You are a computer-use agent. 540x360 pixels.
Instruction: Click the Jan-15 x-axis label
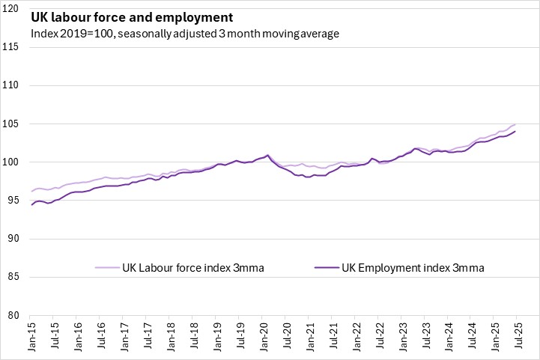[32, 338]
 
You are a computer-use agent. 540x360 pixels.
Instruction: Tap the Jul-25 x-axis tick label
[517, 338]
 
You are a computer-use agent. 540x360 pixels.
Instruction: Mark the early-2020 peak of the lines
[267, 155]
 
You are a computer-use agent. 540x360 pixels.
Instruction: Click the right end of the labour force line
[515, 124]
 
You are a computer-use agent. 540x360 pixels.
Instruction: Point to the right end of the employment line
[515, 132]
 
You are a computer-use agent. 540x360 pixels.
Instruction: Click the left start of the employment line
[31, 204]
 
